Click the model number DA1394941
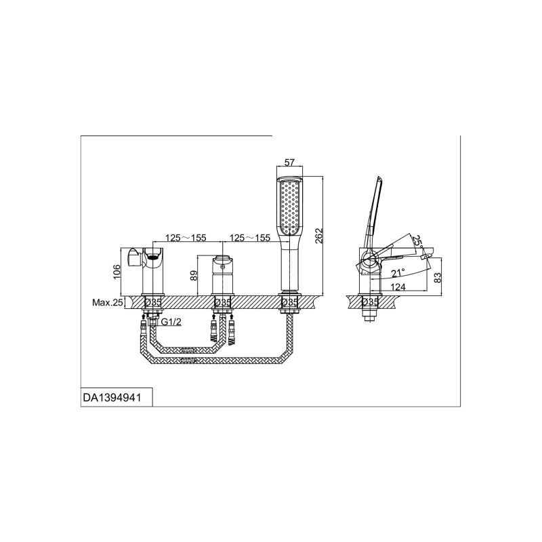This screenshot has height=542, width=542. tap(112, 398)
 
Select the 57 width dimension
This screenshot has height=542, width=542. tap(289, 162)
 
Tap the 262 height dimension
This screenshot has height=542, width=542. tap(318, 236)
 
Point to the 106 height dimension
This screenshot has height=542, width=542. tap(117, 272)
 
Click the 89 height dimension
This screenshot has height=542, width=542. tap(194, 275)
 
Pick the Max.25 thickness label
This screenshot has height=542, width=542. tap(107, 302)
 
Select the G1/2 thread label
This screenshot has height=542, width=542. tap(171, 322)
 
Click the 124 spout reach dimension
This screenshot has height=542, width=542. tap(398, 287)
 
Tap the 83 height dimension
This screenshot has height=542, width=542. tap(438, 278)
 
